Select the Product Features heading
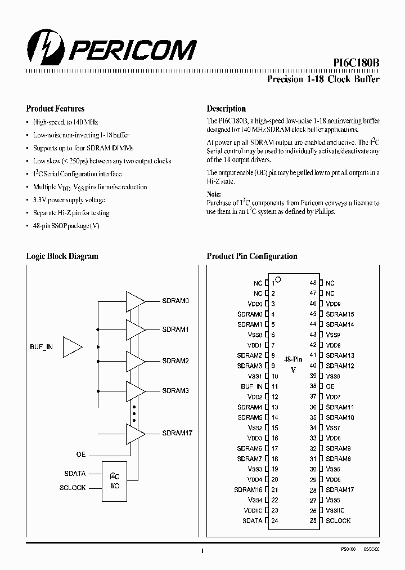(x=55, y=109)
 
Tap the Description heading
(x=226, y=109)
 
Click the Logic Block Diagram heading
(x=62, y=256)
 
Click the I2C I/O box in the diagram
(x=114, y=482)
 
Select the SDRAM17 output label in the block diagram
(x=177, y=433)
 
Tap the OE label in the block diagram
(x=81, y=454)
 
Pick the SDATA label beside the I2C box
(x=74, y=474)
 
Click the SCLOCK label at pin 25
(x=338, y=521)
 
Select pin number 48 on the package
(x=313, y=283)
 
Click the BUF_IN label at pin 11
(x=251, y=386)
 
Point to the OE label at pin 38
(x=330, y=386)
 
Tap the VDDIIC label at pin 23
(x=253, y=510)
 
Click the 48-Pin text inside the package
(x=293, y=359)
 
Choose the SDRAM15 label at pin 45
(x=340, y=314)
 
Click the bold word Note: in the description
(x=214, y=194)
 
